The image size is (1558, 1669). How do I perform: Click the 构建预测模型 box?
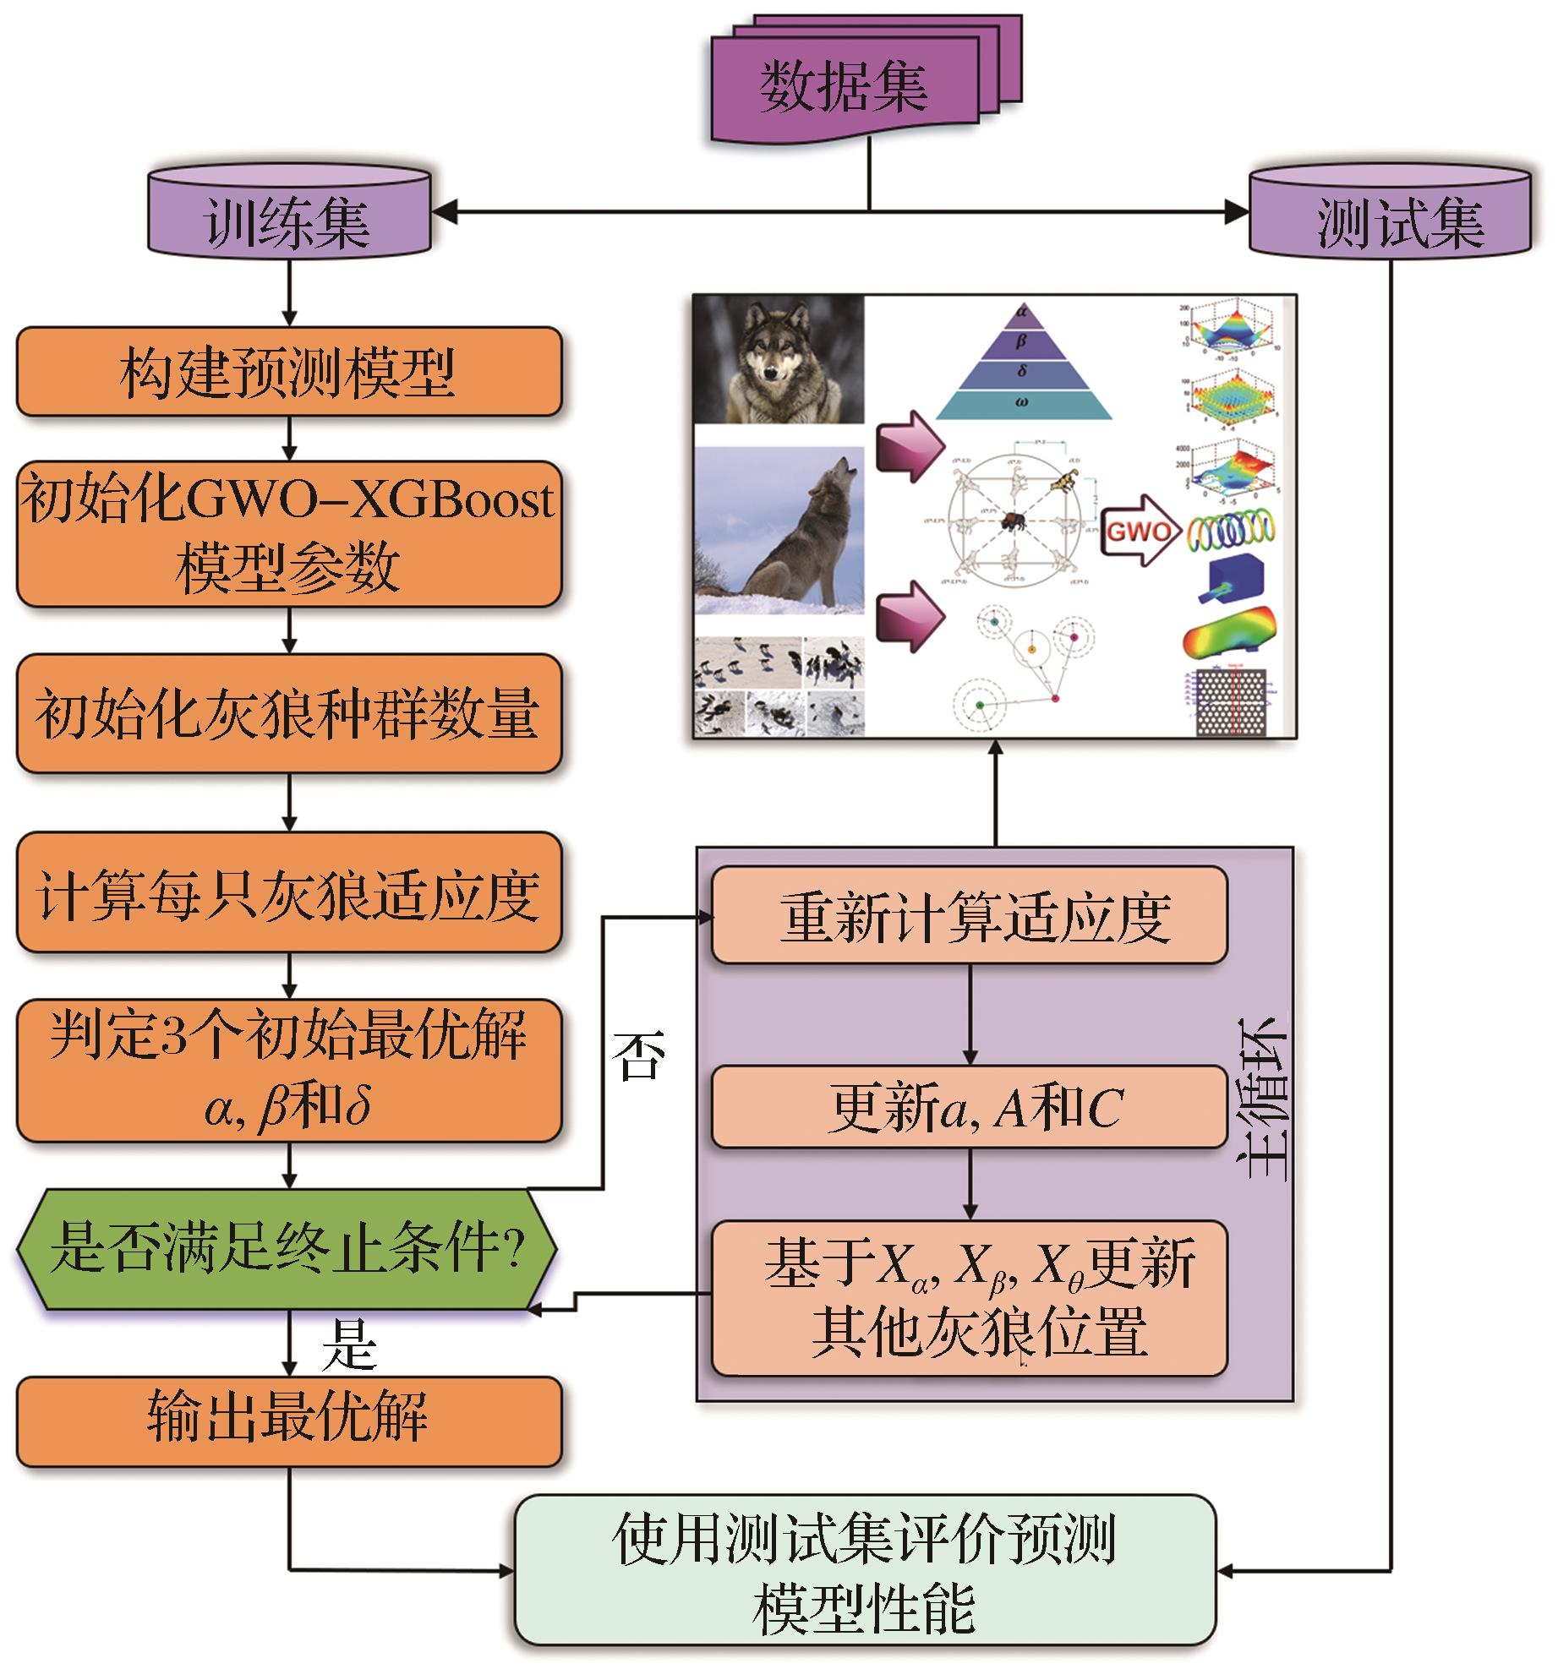coord(288,372)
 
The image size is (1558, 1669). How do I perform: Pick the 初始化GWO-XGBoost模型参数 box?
coord(288,533)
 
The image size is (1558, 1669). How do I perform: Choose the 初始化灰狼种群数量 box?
coord(288,713)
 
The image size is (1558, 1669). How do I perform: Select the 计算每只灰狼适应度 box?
coord(288,892)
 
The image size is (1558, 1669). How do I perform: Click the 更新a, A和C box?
coord(969,1107)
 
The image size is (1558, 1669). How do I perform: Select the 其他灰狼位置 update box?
coord(969,1297)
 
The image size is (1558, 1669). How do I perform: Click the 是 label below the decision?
coord(348,1345)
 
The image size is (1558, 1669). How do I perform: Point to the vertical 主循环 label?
coord(1262,1099)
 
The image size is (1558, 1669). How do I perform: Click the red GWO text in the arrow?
coord(1138,532)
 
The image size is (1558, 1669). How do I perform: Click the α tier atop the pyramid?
coord(1022,312)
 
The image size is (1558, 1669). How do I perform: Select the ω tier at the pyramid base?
coord(1022,403)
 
